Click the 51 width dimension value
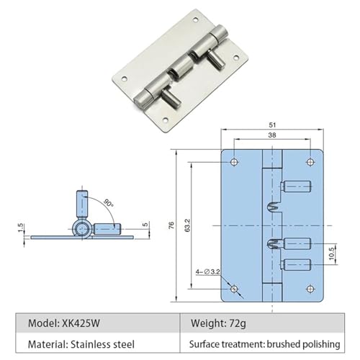pos(272,125)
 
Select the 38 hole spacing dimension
pos(272,135)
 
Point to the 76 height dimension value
pos(171,225)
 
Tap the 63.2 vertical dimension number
pos(187,225)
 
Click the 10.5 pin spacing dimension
pos(331,253)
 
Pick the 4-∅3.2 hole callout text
pos(207,272)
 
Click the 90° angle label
pos(109,203)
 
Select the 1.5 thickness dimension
pos(20,228)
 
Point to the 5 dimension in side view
pos(145,225)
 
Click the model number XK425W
pos(81,323)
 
